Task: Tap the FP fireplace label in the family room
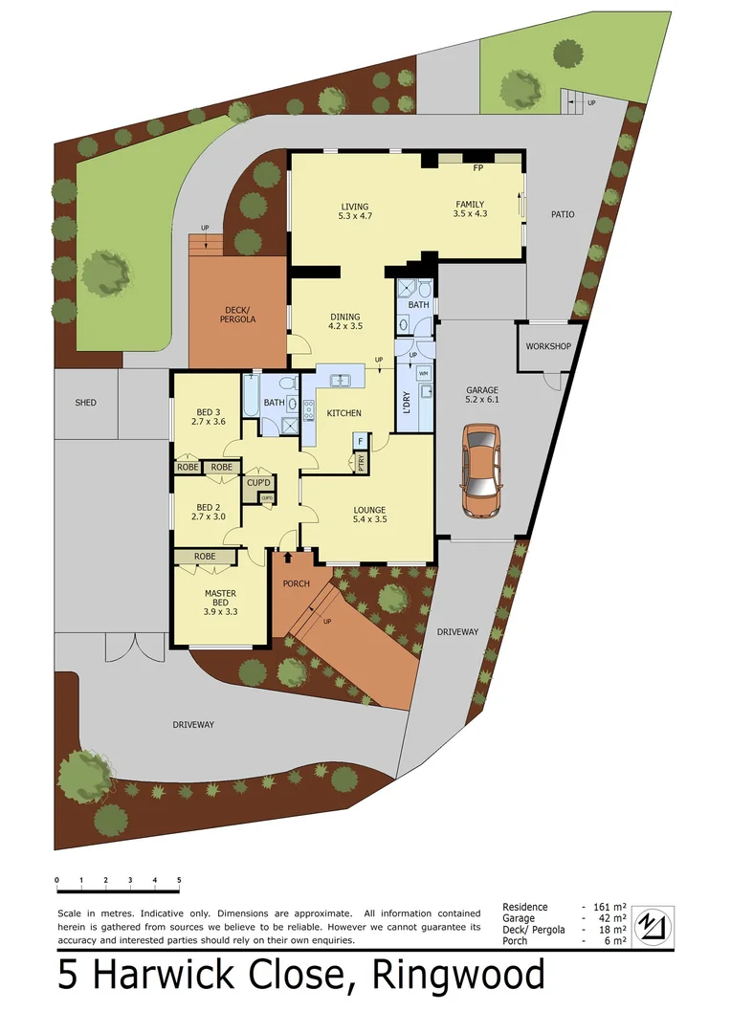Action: pyautogui.click(x=477, y=167)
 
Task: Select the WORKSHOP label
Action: pyautogui.click(x=548, y=346)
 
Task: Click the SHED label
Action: pyautogui.click(x=86, y=403)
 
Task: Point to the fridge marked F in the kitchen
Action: pyautogui.click(x=360, y=441)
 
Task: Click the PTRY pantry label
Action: pyautogui.click(x=362, y=460)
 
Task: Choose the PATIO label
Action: pyautogui.click(x=563, y=214)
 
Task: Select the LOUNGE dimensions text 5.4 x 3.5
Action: pyautogui.click(x=369, y=521)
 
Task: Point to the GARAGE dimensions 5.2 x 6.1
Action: pyautogui.click(x=481, y=401)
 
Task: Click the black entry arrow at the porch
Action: pyautogui.click(x=288, y=557)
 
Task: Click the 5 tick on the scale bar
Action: pyautogui.click(x=178, y=880)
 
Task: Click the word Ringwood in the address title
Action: pyautogui.click(x=459, y=976)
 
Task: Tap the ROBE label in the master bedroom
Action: pyautogui.click(x=204, y=556)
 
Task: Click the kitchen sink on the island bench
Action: pyautogui.click(x=341, y=381)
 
